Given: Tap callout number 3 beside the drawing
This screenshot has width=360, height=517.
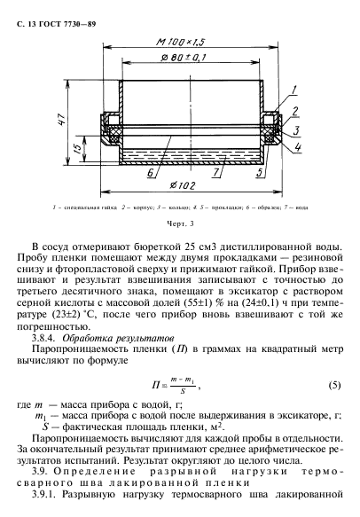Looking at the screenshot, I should click(294, 129).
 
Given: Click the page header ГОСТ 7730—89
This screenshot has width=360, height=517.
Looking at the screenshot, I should click(62, 8).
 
